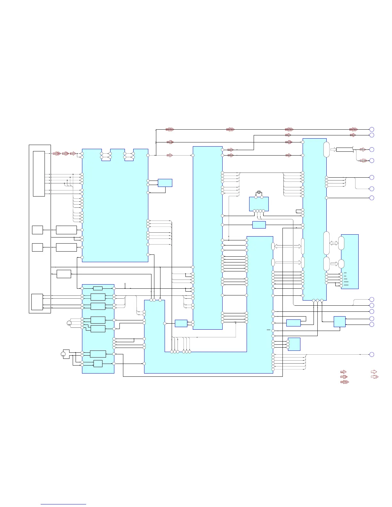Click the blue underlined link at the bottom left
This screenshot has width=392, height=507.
(x=63, y=504)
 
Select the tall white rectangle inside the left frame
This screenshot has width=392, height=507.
(x=39, y=173)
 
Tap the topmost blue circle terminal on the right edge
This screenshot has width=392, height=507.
(x=372, y=129)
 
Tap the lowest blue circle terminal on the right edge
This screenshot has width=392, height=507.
(x=372, y=354)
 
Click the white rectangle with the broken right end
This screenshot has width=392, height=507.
(x=345, y=149)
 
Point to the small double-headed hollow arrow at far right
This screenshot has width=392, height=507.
(x=334, y=243)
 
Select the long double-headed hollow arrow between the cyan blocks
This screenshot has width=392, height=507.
(x=288, y=246)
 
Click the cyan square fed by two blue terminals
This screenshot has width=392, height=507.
(x=339, y=322)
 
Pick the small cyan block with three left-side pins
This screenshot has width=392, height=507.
(x=294, y=344)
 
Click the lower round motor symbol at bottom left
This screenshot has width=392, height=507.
(x=63, y=354)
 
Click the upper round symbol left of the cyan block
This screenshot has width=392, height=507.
(x=69, y=323)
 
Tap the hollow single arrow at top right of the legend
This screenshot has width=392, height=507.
(x=373, y=372)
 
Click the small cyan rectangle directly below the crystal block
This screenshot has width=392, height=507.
(x=259, y=225)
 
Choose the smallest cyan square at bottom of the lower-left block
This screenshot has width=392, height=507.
(x=98, y=364)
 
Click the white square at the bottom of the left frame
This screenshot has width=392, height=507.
(x=37, y=302)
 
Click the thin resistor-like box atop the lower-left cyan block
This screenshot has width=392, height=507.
(x=98, y=288)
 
